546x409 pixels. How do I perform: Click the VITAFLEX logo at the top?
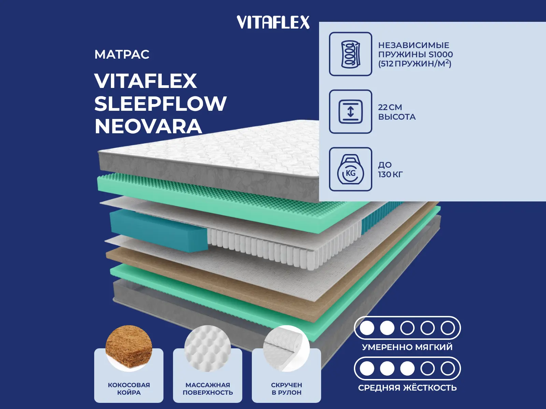(273, 22)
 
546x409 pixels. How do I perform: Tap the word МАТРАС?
(122, 55)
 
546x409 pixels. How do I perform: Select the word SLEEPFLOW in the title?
(160, 104)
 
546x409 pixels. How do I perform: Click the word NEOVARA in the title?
(148, 126)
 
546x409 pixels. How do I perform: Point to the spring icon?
(350, 54)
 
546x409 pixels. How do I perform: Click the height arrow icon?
(350, 111)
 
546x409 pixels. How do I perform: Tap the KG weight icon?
(350, 169)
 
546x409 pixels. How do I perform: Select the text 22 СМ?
(390, 107)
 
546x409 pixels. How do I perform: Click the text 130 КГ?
(390, 175)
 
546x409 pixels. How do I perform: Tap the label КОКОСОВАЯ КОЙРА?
(129, 389)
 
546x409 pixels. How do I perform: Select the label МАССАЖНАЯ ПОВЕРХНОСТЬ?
(207, 389)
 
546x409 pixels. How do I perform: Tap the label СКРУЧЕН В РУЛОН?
(286, 389)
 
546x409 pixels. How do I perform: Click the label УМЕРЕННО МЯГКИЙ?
(407, 347)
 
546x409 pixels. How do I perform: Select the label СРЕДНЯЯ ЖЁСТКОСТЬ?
(407, 388)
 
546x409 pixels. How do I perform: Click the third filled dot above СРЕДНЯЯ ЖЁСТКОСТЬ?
(407, 368)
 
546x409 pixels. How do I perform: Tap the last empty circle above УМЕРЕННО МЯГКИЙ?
(447, 328)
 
